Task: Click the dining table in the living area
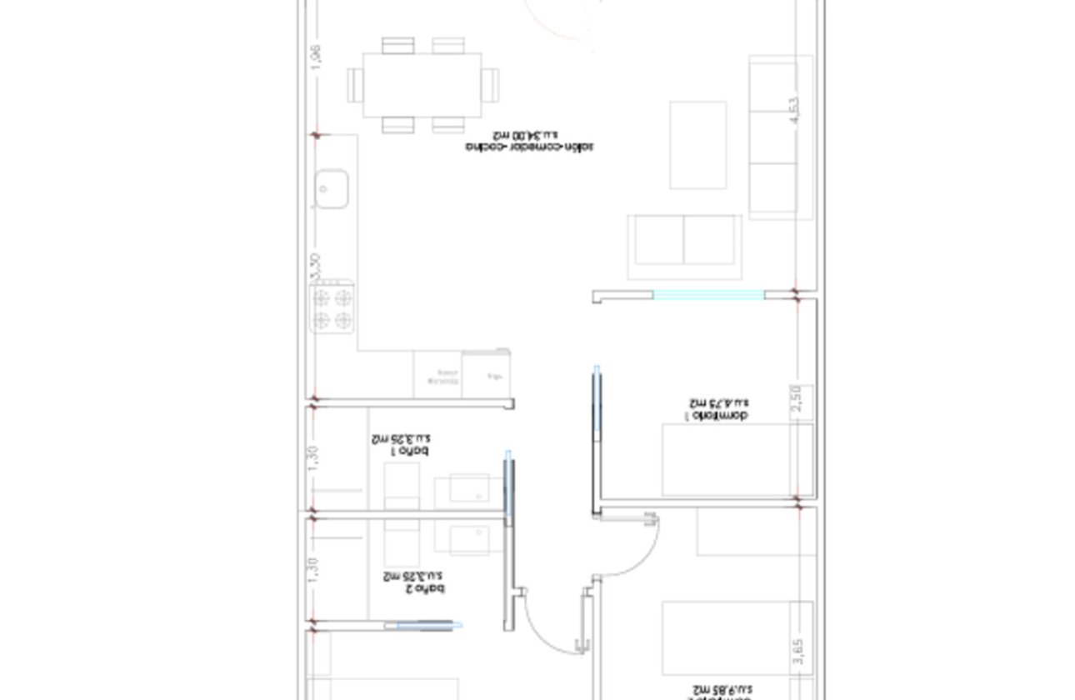pos(422,85)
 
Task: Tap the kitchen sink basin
pos(331,188)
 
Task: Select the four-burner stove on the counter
pos(332,308)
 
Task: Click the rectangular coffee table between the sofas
pos(697,145)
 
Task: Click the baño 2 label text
pos(413,582)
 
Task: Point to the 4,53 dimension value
pos(793,111)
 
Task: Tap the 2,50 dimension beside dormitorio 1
pos(797,397)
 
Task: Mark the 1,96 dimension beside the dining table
pos(315,57)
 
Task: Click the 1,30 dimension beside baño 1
pos(313,457)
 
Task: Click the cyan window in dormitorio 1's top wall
pos(708,294)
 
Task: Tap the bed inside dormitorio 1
pos(737,460)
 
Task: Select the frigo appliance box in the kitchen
pos(486,375)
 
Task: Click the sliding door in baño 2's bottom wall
pos(427,625)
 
